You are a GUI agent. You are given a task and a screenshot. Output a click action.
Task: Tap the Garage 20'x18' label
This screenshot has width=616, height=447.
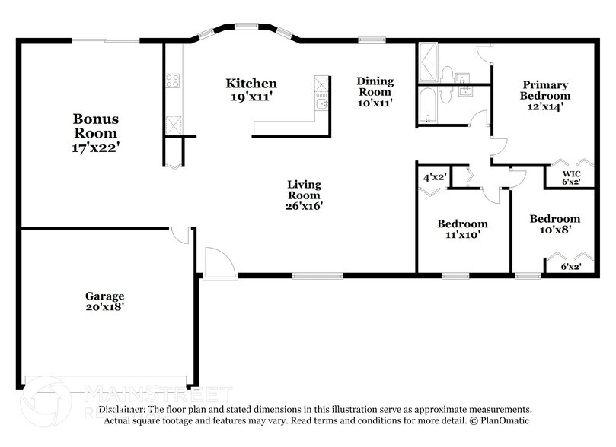pos(104,301)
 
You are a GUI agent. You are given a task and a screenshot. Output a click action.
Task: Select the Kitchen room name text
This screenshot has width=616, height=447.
pos(251,84)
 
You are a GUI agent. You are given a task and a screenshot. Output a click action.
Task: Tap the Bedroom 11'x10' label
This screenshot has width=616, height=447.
pos(462,230)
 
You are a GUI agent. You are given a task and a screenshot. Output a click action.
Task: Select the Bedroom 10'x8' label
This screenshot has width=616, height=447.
pos(555,223)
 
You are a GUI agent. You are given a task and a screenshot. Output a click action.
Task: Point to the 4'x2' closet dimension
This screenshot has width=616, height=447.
pos(434,177)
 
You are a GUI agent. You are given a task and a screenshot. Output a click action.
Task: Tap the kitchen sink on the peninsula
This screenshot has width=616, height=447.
pos(322,104)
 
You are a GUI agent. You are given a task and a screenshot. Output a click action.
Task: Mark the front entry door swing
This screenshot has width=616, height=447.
pos(215,262)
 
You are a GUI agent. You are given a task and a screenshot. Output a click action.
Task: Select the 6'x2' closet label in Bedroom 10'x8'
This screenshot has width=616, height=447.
pos(570,268)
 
